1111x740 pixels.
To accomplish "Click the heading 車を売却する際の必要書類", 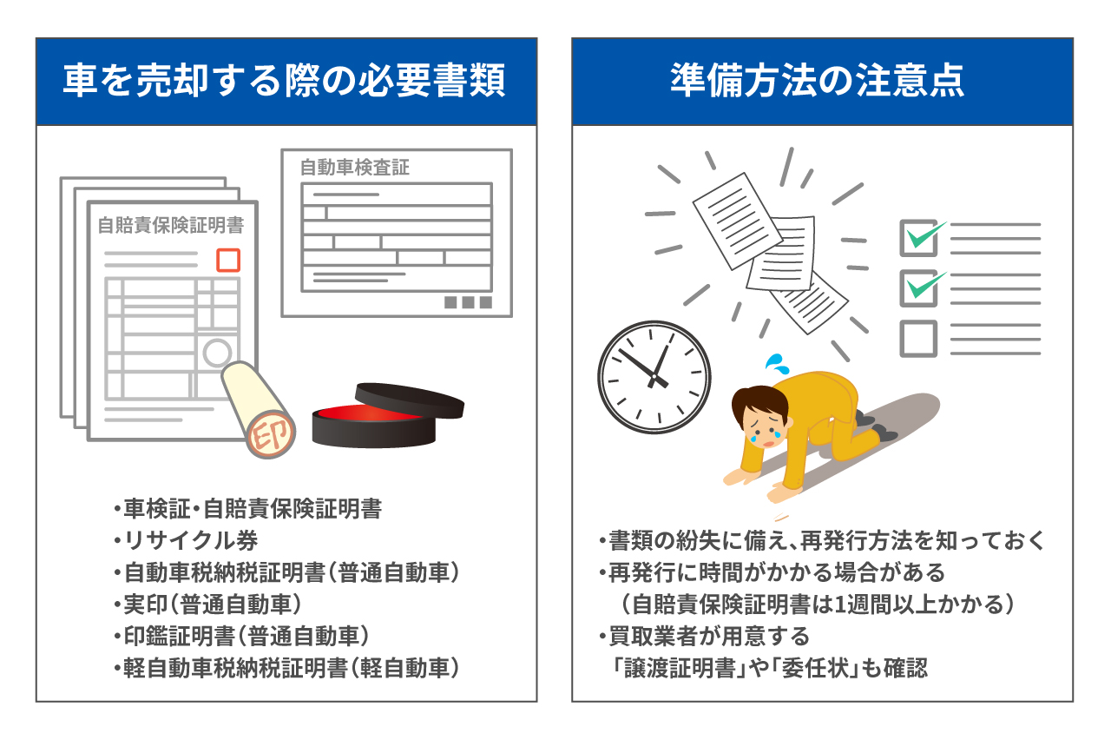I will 286,83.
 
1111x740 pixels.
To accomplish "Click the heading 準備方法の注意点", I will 822,83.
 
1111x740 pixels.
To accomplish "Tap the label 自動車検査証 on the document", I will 354,168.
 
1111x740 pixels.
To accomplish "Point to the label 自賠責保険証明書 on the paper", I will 170,226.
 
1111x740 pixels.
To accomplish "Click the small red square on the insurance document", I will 227,260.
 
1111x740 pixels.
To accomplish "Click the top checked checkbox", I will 917,237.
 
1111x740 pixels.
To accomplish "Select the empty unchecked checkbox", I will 917,339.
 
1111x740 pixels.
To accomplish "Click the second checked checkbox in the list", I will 917,287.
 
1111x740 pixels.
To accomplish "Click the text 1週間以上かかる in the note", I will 929,605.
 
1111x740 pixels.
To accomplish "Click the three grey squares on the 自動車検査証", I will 468,302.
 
